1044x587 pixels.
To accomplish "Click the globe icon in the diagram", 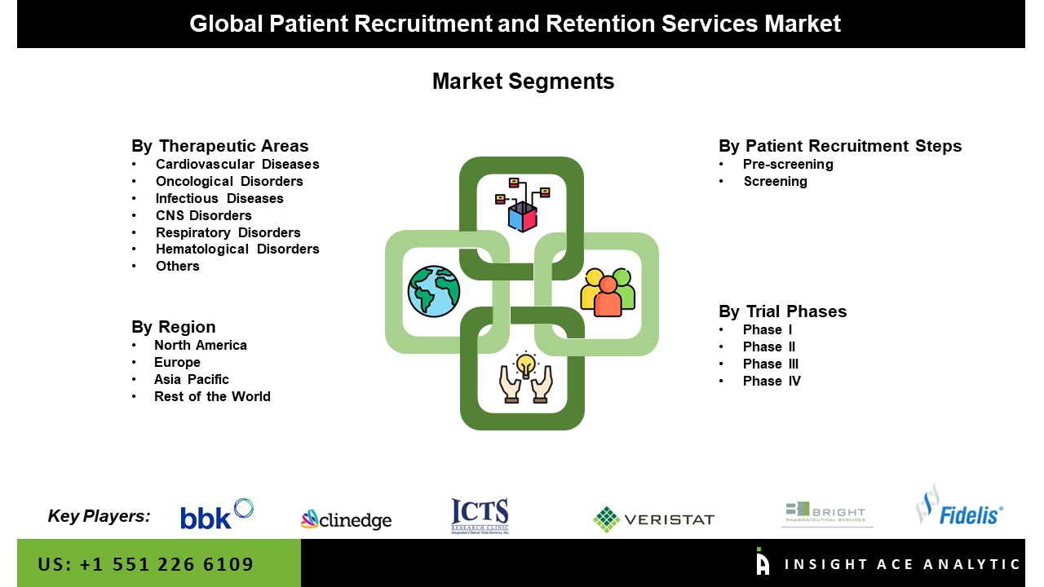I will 434,291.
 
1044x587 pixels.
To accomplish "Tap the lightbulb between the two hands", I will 526,363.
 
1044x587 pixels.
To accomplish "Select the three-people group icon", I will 608,292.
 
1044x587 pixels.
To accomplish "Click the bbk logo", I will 217,514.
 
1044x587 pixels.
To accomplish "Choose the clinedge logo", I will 346,519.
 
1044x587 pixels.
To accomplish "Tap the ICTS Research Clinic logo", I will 480,516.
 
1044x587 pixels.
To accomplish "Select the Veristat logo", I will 653,519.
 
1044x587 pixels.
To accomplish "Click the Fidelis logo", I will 959,507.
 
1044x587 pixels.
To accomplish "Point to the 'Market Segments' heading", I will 523,82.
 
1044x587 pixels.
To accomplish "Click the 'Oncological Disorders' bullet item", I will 229,181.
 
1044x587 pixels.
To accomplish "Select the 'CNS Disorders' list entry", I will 203,215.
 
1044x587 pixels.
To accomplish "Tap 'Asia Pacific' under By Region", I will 191,379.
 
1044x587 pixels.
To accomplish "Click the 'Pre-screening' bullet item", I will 787,164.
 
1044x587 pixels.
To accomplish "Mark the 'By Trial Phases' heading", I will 782,311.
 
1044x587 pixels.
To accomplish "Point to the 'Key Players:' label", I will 99,515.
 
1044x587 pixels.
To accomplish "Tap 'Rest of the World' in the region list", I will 212,396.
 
